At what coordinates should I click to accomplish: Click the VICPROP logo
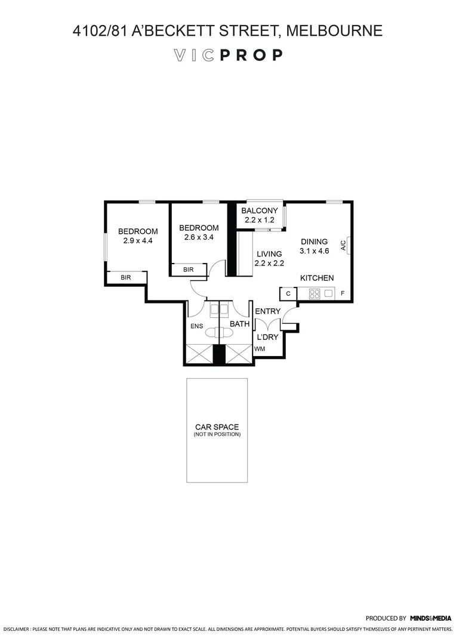coord(227,55)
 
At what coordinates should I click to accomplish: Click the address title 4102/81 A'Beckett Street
coord(227,30)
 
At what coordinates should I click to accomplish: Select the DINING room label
coord(314,241)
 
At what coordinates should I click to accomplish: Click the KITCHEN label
coord(316,278)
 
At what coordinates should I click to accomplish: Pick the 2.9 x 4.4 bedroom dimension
coord(138,241)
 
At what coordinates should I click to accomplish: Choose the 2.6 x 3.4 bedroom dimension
coord(199,237)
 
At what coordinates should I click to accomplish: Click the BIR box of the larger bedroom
coord(126,277)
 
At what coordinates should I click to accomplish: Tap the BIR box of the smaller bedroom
coord(189,270)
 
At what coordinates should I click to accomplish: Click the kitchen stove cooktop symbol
coord(315,293)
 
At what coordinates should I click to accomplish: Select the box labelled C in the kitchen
coord(288,293)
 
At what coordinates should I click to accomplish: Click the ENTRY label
coord(267,311)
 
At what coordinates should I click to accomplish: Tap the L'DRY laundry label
coord(267,337)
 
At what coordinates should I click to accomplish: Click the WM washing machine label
coord(260,349)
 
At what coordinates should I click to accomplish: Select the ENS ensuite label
coord(196,326)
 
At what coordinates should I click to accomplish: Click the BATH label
coord(239,324)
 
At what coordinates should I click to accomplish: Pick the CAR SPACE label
coord(217,427)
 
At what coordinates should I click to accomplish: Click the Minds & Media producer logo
coord(430,618)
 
